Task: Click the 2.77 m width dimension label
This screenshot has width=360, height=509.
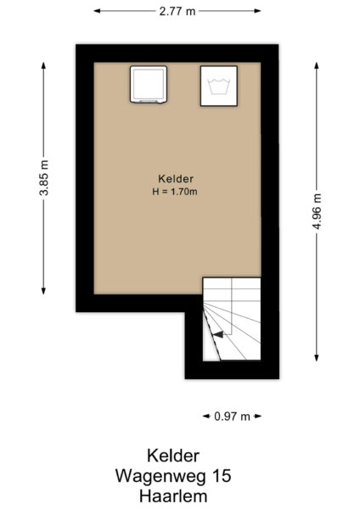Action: (177, 11)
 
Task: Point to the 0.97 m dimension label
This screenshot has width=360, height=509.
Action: (232, 417)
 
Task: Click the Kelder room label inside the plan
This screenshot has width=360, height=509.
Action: (177, 178)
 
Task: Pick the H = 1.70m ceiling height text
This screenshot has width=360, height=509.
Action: (177, 192)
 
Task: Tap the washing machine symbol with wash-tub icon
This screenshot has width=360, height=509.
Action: (219, 86)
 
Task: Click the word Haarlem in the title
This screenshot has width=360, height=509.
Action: (177, 495)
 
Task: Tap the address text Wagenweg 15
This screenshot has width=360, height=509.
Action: (177, 476)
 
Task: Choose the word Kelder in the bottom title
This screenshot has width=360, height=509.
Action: (177, 456)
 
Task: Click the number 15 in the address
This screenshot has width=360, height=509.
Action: (221, 476)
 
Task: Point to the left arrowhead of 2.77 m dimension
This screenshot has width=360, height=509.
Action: (97, 11)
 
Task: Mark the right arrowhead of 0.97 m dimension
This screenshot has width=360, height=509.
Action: (258, 417)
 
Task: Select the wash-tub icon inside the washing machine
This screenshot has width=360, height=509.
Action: (219, 86)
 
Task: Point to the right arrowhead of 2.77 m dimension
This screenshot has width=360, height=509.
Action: (258, 11)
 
